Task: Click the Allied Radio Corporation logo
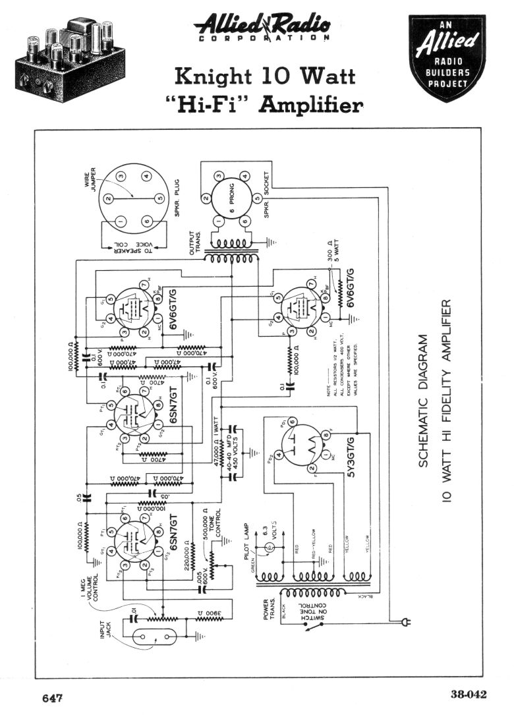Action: point(262,29)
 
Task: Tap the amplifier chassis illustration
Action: point(66,60)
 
